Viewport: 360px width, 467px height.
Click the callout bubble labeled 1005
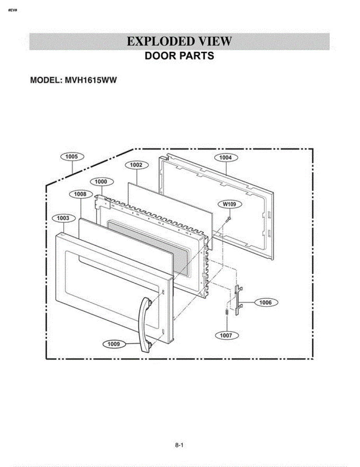coord(72,156)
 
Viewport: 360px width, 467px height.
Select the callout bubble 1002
coord(136,165)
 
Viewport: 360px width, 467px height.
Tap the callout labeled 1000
coord(101,182)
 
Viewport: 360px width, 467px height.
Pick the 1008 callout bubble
coord(80,194)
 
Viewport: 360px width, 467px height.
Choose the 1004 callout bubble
coord(225,158)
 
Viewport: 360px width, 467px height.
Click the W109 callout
coord(229,204)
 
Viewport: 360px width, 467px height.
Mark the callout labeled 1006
coord(266,303)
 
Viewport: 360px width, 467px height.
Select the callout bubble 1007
coord(226,335)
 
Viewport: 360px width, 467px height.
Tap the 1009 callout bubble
coord(114,344)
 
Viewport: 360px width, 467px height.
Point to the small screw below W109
coord(229,219)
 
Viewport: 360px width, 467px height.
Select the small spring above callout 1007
coord(227,312)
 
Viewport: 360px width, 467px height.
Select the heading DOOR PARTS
coord(180,56)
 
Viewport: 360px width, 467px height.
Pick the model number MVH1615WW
coord(91,80)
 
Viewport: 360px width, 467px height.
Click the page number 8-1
coord(179,445)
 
